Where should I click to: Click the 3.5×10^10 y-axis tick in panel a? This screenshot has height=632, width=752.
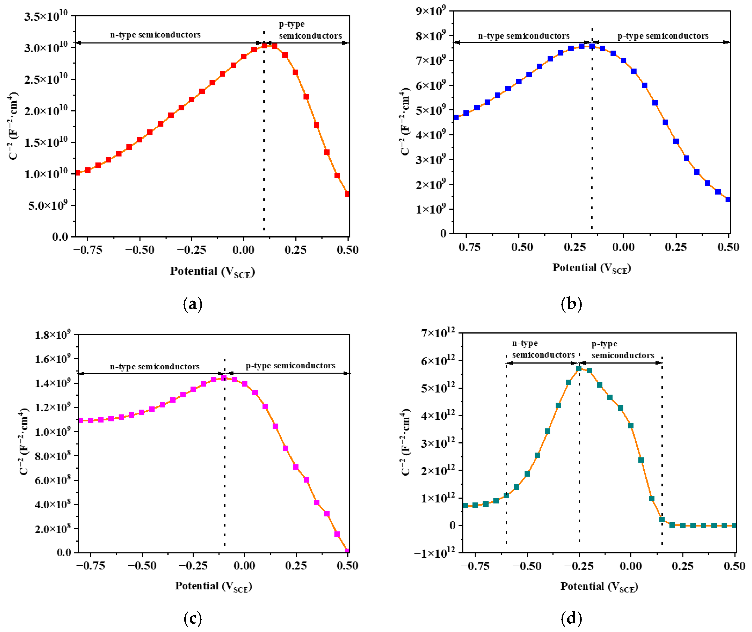(x=46, y=17)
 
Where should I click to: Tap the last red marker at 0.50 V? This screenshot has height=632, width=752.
(x=347, y=194)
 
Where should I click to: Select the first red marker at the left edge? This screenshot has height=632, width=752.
(x=77, y=173)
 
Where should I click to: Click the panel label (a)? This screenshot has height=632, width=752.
(x=193, y=304)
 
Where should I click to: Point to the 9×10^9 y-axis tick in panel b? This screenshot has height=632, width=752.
(x=430, y=11)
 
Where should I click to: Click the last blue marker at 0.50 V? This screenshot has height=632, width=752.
(x=728, y=199)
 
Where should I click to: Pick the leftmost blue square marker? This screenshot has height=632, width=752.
(x=456, y=117)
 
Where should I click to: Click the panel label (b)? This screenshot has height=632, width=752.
(x=571, y=304)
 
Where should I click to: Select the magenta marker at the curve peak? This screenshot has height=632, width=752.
(x=224, y=378)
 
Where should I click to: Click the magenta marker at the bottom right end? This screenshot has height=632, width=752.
(x=347, y=551)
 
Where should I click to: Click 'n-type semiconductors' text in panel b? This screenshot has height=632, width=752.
(x=524, y=36)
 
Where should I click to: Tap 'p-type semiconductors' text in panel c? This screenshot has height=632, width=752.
(x=290, y=366)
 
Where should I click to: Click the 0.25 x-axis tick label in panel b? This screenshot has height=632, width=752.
(x=676, y=247)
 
